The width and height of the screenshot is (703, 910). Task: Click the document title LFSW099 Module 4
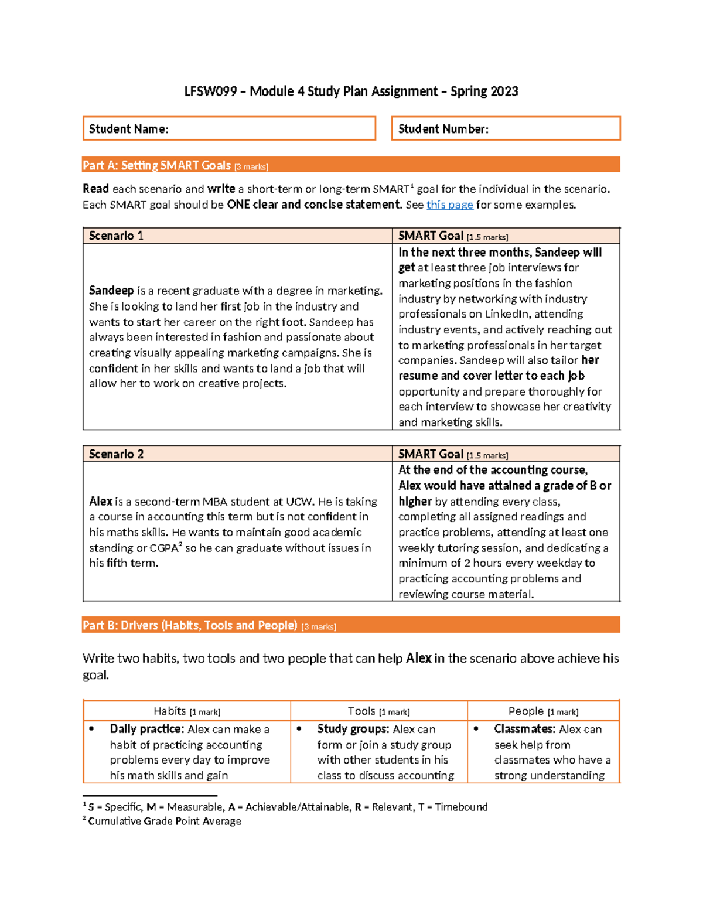pyautogui.click(x=351, y=91)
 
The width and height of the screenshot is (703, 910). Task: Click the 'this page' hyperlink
pyautogui.click(x=449, y=205)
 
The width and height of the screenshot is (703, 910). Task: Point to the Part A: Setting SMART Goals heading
pyautogui.click(x=176, y=165)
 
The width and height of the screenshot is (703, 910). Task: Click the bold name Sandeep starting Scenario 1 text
pyautogui.click(x=111, y=291)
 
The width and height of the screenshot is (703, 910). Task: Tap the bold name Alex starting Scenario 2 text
pyautogui.click(x=101, y=502)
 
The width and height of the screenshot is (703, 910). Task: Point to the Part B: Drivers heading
pyautogui.click(x=190, y=625)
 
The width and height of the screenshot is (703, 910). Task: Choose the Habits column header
pyautogui.click(x=187, y=711)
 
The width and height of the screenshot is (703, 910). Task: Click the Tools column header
pyautogui.click(x=378, y=711)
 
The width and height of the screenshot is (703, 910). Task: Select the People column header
pyautogui.click(x=543, y=711)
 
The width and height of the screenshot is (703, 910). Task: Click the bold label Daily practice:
pyautogui.click(x=146, y=729)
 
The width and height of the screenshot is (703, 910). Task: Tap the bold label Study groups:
pyautogui.click(x=353, y=729)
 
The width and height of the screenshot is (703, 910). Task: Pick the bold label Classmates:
pyautogui.click(x=524, y=729)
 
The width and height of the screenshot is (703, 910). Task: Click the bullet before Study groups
pyautogui.click(x=299, y=729)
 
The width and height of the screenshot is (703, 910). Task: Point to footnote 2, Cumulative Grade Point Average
pyautogui.click(x=164, y=821)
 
